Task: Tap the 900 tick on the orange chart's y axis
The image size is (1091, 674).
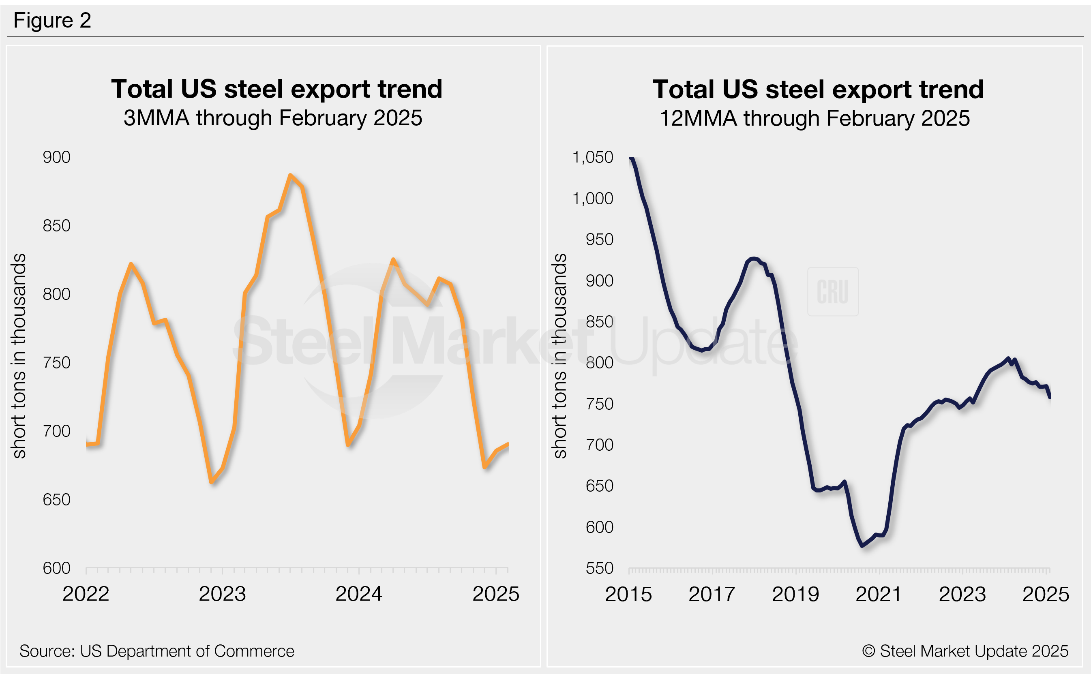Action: (x=57, y=157)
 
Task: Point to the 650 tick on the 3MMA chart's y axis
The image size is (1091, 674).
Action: (x=57, y=500)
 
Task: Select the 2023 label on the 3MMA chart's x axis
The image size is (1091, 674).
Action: (x=222, y=594)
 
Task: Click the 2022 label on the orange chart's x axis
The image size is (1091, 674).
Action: (x=86, y=594)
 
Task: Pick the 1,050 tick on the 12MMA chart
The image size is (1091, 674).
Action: (x=593, y=157)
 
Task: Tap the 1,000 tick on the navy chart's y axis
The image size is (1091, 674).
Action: (x=593, y=198)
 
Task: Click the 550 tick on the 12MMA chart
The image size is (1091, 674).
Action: (x=599, y=568)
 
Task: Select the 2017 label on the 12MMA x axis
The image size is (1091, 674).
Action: (x=712, y=594)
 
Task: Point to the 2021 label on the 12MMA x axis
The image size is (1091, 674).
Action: (x=878, y=594)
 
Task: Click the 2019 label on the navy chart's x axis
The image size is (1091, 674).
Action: (x=795, y=594)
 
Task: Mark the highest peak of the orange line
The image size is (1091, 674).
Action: (x=290, y=175)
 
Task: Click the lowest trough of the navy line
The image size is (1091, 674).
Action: (x=863, y=545)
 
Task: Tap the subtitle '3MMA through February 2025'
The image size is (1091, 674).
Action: (x=273, y=118)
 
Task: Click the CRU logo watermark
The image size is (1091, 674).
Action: (x=832, y=292)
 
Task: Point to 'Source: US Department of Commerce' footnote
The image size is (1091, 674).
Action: (x=156, y=651)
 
